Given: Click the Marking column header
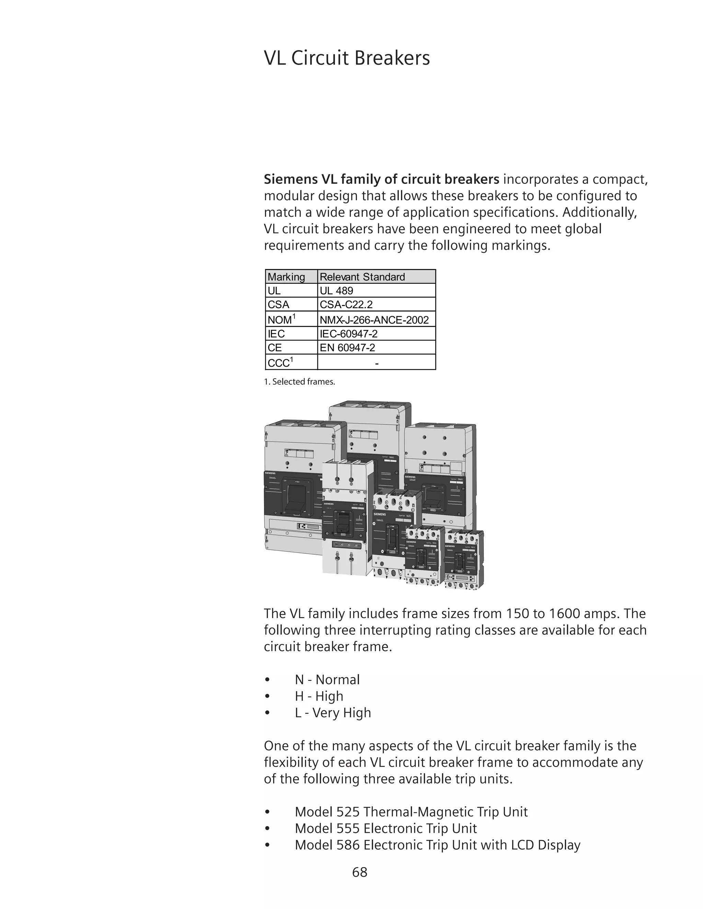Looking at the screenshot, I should (286, 277).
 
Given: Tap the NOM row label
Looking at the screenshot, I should (281, 319).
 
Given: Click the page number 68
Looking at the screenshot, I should (359, 872).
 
